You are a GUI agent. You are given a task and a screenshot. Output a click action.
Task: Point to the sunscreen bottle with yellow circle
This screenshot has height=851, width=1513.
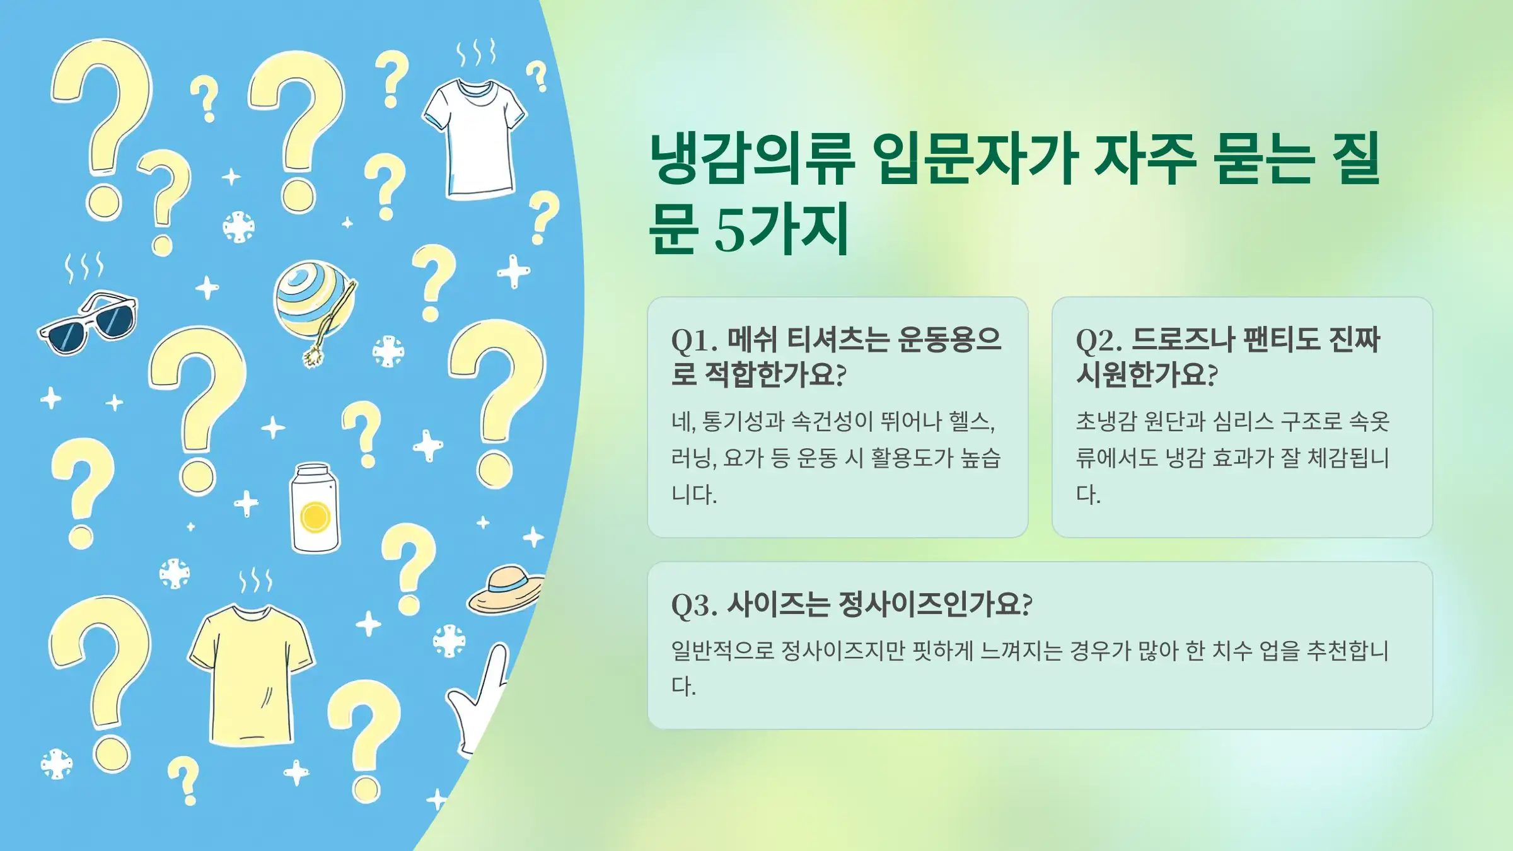tap(315, 509)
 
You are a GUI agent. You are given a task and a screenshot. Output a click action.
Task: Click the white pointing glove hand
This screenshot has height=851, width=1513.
tap(482, 700)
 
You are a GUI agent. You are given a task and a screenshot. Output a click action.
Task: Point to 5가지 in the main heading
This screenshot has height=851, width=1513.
tap(782, 229)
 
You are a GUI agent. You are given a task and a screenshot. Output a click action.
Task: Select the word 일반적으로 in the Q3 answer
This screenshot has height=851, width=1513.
tap(722, 651)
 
